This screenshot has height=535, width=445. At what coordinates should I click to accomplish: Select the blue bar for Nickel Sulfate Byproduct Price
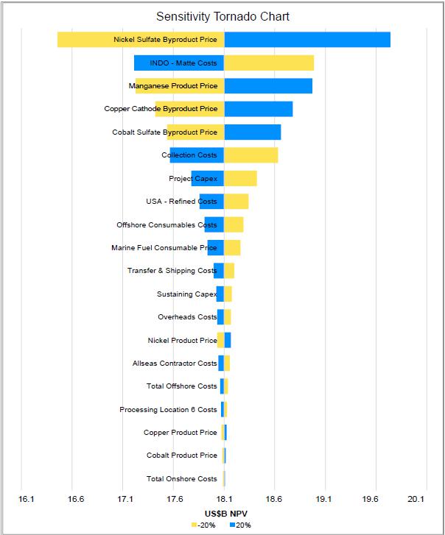point(306,40)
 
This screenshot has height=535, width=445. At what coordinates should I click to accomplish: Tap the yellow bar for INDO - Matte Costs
point(269,63)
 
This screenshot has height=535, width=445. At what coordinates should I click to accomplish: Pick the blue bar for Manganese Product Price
point(268,86)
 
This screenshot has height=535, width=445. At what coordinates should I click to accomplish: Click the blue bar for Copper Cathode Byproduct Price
point(258,109)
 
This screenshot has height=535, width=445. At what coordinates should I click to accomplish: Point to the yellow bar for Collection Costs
point(250,155)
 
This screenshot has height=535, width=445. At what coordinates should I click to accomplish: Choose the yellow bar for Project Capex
point(240,178)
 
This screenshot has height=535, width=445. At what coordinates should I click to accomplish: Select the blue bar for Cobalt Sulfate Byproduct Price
point(252,132)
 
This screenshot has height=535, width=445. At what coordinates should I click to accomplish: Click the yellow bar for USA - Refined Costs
point(236,202)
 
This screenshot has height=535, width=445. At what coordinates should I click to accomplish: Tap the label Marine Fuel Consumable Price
point(164,248)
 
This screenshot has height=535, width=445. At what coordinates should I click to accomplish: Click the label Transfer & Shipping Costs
point(172,271)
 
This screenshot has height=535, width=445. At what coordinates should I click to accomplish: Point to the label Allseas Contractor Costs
point(175,364)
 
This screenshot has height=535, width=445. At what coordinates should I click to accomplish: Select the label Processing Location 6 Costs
point(168,410)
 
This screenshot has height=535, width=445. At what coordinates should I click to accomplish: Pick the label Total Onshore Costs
point(181,479)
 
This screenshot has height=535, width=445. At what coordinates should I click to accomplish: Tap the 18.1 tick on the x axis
point(224,499)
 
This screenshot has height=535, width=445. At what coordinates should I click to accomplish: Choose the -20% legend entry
point(205,525)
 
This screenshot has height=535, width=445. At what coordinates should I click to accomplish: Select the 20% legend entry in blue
point(240,525)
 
